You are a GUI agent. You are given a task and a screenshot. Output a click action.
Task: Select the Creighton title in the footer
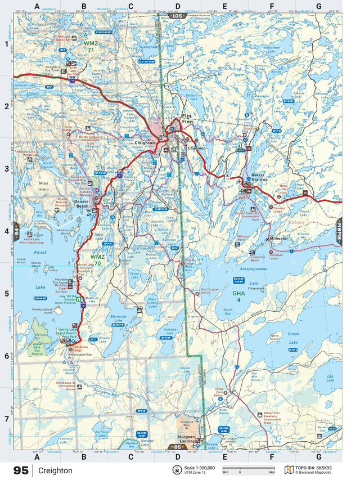tap(55, 470)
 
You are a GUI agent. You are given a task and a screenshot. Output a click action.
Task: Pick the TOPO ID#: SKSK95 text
tap(321, 468)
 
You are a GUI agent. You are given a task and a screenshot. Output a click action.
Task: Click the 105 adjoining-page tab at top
tap(177, 16)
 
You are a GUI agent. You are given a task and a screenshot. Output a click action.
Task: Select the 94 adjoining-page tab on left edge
tap(16, 231)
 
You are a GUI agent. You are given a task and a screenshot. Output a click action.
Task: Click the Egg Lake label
tap(330, 376)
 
